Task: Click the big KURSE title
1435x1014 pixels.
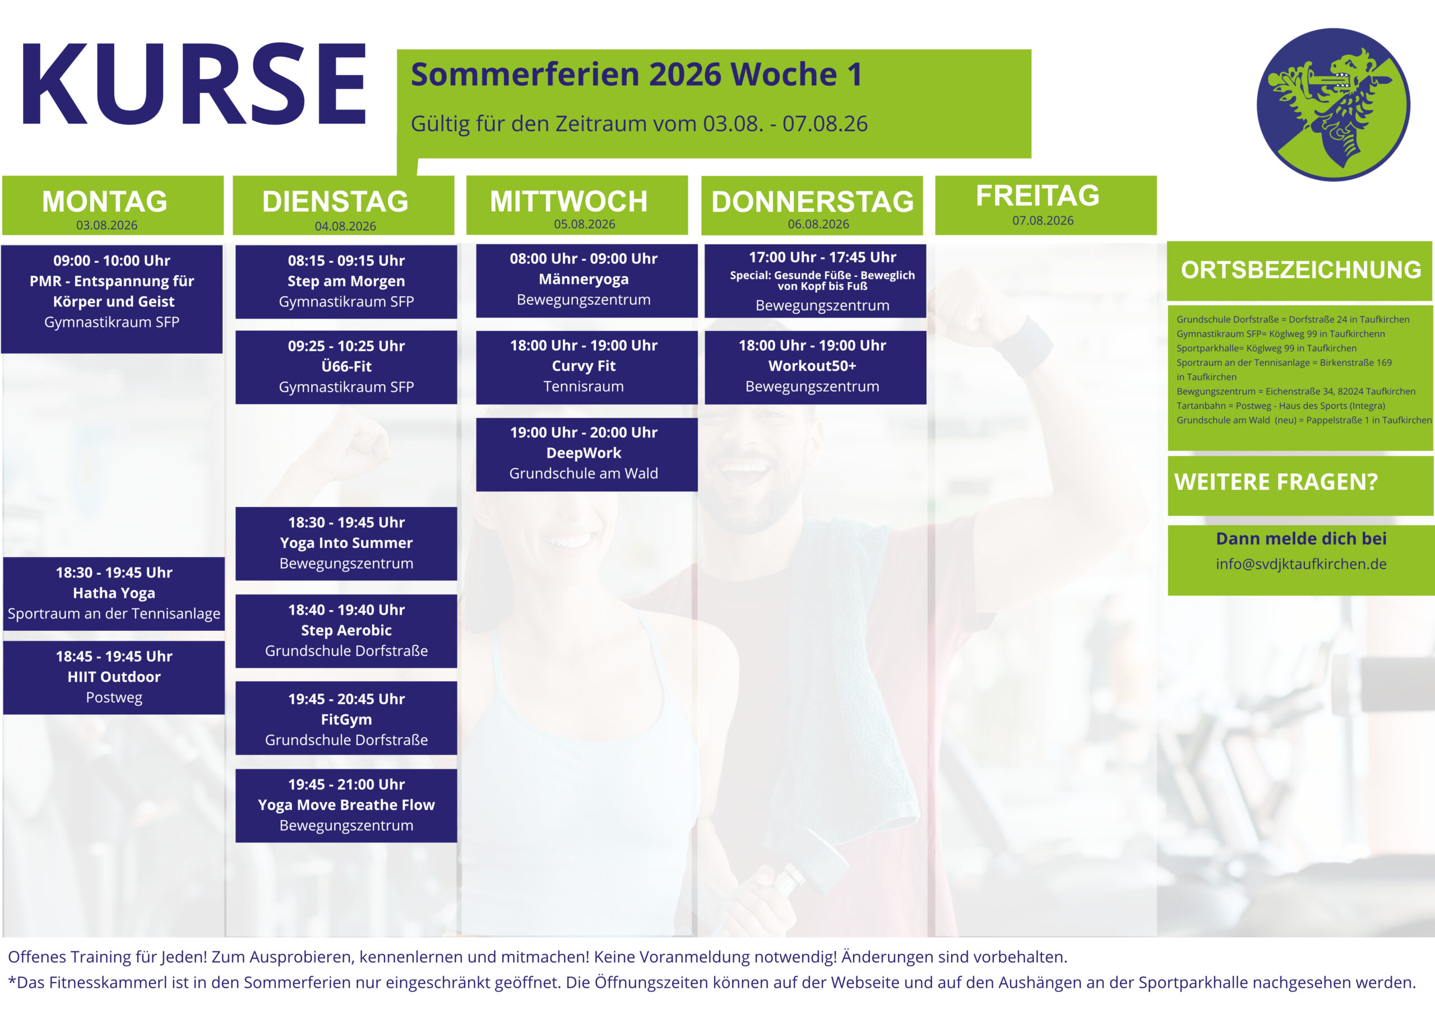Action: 194,83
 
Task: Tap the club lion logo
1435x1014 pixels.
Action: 1333,104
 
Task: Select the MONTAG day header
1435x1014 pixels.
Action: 105,201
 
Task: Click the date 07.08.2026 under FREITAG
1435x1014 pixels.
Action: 1043,221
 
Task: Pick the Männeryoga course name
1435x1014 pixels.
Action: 584,280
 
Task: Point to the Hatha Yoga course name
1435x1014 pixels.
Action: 114,593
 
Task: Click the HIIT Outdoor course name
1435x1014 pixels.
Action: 114,677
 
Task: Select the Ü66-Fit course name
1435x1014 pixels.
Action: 346,366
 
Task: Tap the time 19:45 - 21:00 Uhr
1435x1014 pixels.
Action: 346,784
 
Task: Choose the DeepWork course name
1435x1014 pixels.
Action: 584,453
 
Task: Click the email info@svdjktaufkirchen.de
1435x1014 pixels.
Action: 1301,564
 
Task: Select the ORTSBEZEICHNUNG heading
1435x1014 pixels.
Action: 1300,270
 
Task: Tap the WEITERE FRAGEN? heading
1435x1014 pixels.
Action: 1276,482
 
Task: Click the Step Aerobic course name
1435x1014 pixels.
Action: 346,630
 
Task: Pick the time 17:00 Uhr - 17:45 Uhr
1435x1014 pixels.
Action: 822,257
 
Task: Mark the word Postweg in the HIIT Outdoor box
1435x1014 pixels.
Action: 114,698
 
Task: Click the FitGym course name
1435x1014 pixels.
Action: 346,720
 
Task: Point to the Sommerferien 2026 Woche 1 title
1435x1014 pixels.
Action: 636,75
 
